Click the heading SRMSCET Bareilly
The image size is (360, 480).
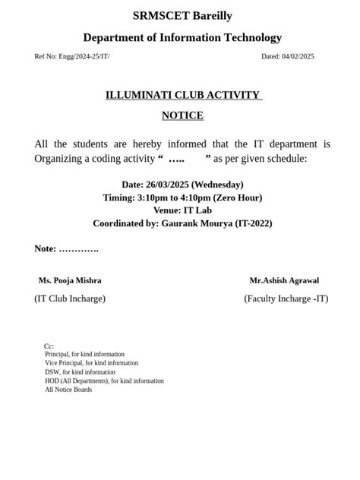(x=182, y=16)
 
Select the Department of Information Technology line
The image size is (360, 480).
(x=182, y=37)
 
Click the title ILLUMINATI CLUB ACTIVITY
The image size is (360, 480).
(x=182, y=96)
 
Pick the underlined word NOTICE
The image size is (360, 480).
(x=182, y=115)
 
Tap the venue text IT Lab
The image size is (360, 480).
(x=197, y=210)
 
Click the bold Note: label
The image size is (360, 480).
(x=46, y=249)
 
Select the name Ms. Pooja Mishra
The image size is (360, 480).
(x=70, y=280)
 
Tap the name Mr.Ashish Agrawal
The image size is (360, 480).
(x=284, y=280)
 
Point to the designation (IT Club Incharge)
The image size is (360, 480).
(x=70, y=298)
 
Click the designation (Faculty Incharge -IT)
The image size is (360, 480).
(x=286, y=298)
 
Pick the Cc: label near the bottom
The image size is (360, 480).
(x=49, y=346)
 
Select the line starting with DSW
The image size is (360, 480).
(x=80, y=372)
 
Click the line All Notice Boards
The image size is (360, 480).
(x=68, y=390)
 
